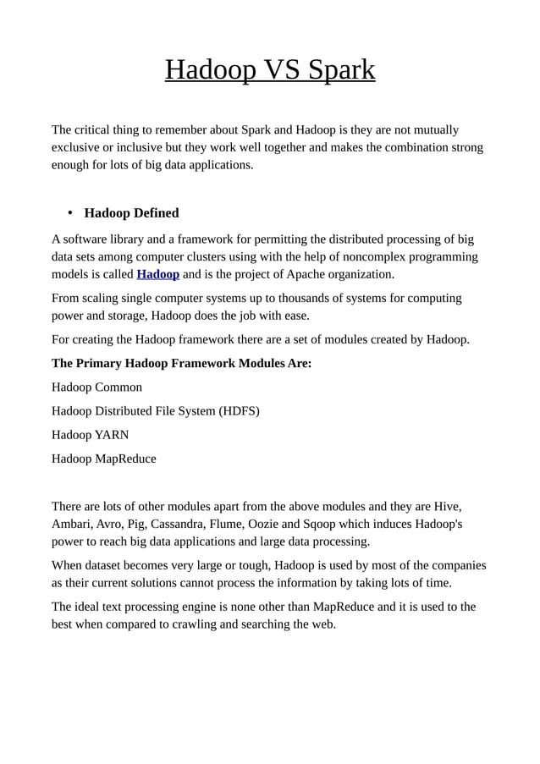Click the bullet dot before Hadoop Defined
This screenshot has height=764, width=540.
coord(72,213)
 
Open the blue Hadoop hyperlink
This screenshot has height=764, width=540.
coord(157,274)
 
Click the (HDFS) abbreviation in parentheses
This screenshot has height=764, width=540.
coord(239,411)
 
